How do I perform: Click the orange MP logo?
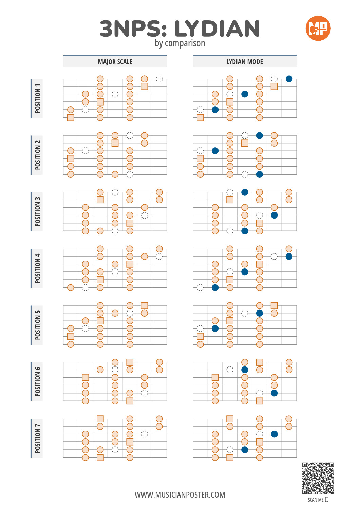(x=318, y=28)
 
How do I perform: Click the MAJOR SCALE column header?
(x=115, y=62)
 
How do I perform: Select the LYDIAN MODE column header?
(x=245, y=62)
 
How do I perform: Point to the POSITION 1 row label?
(x=38, y=98)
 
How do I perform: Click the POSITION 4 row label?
(x=38, y=268)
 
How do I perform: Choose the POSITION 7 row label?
(x=38, y=438)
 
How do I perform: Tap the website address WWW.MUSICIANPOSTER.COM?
(x=180, y=495)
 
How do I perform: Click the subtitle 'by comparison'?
(x=180, y=43)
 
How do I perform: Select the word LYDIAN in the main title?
(x=217, y=28)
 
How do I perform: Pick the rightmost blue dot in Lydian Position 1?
(x=289, y=79)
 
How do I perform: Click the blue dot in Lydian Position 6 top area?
(x=245, y=370)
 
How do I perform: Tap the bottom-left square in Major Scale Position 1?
(x=71, y=118)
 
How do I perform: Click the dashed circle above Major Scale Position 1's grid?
(x=159, y=79)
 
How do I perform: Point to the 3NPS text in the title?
(x=133, y=28)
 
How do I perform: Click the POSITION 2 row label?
(x=38, y=155)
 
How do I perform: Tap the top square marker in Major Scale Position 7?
(x=100, y=419)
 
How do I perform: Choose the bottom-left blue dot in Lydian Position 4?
(x=215, y=288)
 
